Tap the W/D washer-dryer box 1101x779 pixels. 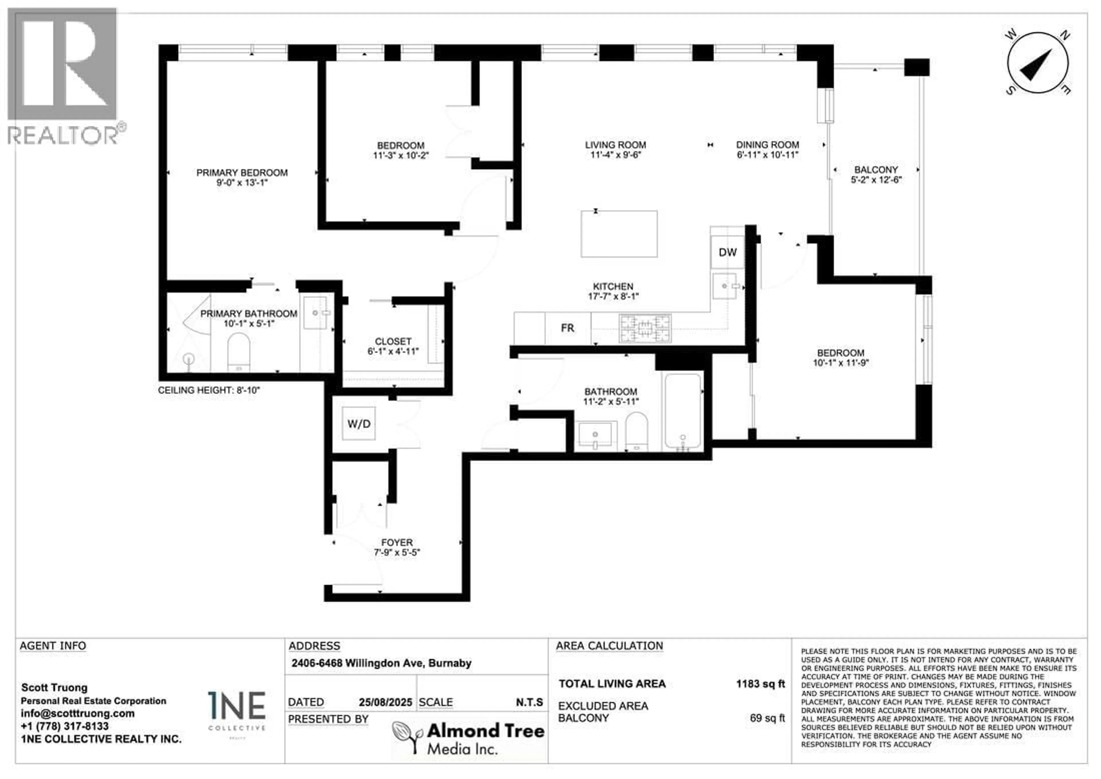[359, 424]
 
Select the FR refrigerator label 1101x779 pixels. [567, 328]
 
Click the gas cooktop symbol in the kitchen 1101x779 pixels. [645, 328]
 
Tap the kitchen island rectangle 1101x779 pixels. [618, 233]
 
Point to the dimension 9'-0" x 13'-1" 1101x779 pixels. [242, 183]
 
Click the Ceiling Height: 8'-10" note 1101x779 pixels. [209, 390]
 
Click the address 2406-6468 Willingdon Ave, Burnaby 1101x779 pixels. [381, 663]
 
